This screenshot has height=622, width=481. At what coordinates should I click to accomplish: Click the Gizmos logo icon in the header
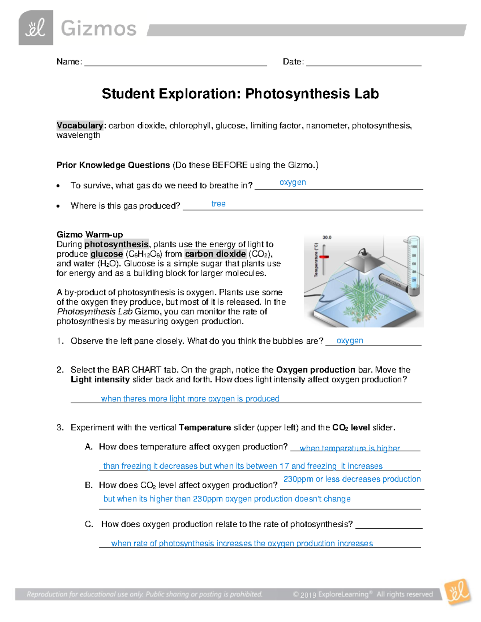tap(36, 28)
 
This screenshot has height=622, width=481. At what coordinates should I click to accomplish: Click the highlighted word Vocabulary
tap(80, 125)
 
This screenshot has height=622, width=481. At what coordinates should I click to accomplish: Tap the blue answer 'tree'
tap(218, 204)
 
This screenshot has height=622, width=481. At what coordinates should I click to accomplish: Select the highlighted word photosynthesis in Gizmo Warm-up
tap(116, 244)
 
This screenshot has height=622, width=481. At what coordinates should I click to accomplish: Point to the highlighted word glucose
tap(107, 254)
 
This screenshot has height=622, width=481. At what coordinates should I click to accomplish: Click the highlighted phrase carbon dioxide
tap(215, 254)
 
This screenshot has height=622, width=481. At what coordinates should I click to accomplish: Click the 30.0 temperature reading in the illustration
tap(327, 238)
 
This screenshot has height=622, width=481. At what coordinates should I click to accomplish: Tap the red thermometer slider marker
tap(324, 257)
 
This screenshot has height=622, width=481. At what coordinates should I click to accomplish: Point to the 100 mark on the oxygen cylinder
tap(414, 247)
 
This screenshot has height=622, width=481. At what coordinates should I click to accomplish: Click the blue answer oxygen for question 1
tap(350, 340)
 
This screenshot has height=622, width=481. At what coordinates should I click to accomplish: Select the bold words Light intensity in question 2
tap(100, 379)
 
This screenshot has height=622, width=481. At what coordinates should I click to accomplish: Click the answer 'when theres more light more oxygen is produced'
tap(190, 399)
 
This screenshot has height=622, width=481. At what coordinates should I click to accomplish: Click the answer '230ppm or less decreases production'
tap(352, 479)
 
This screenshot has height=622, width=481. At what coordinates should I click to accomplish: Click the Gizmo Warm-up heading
tap(90, 234)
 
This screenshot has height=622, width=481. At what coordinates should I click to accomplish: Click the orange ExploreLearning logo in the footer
tap(458, 592)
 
